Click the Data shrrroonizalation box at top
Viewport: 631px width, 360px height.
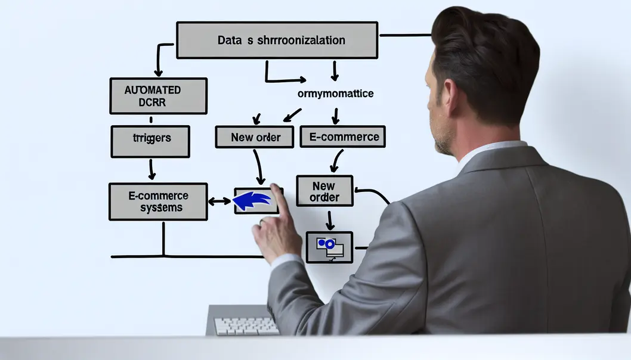(277, 40)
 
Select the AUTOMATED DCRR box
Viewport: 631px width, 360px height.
(158, 95)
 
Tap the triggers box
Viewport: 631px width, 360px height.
(150, 141)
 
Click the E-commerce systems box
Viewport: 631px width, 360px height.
(158, 201)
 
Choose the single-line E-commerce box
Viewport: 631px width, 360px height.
(342, 136)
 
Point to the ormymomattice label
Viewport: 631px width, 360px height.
(335, 94)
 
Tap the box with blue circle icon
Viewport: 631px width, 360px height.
(329, 247)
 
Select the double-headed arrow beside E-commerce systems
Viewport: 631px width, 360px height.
(219, 201)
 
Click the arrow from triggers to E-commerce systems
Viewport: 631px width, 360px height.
(151, 169)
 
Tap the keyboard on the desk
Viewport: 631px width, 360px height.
(246, 325)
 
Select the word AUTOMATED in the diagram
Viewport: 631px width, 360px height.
(153, 90)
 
